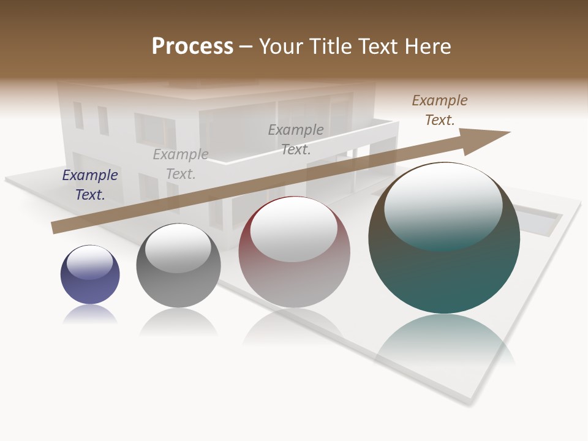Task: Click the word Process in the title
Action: (192, 47)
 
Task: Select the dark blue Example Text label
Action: (90, 185)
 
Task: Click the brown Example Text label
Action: (440, 110)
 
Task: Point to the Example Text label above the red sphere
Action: (296, 140)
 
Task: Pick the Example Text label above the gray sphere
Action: (181, 164)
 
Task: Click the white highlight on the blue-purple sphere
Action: (90, 262)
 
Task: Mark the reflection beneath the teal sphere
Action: (444, 340)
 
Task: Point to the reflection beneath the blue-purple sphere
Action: (90, 314)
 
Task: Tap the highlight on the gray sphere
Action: (178, 246)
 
